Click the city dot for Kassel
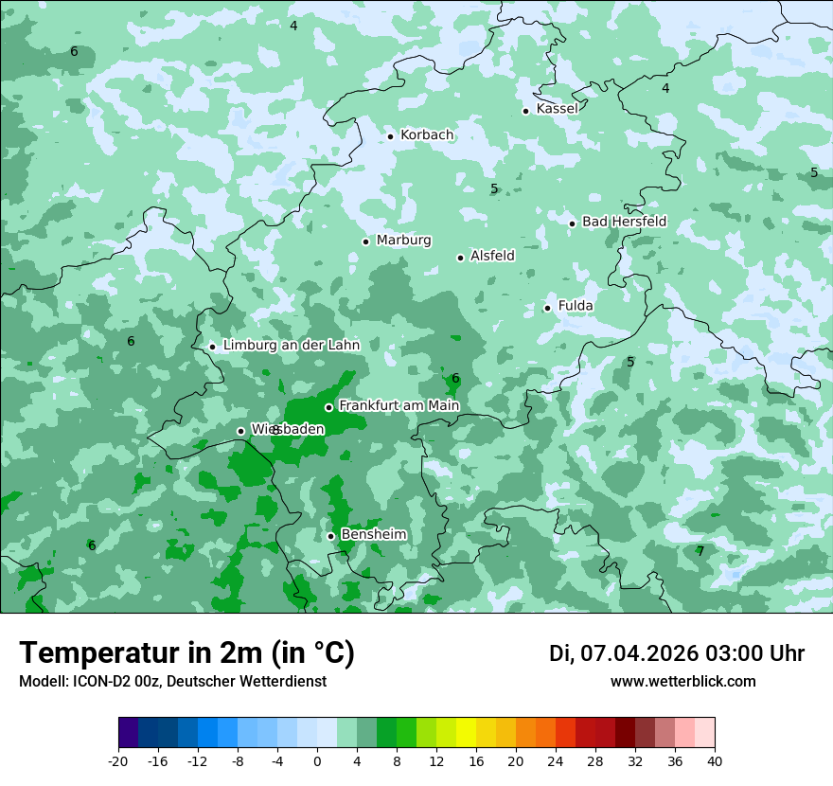525,111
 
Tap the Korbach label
427,135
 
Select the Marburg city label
403,241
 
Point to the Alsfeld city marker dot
460,258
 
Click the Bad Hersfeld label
624,222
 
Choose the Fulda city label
576,306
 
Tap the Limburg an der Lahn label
292,346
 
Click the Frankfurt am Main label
399,406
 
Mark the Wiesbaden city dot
240,431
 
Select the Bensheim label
373,535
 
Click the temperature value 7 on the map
700,551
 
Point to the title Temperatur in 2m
186,653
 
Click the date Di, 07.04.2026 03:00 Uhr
677,653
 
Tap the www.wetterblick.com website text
682,682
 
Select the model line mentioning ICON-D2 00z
172,682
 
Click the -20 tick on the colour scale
118,760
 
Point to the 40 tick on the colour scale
715,760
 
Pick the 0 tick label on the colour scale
317,760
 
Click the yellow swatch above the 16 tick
466,733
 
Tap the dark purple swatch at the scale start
128,733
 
